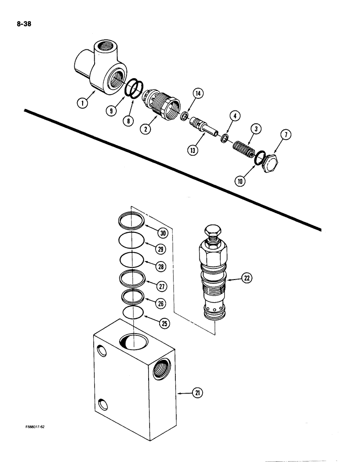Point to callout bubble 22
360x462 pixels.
point(247,277)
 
